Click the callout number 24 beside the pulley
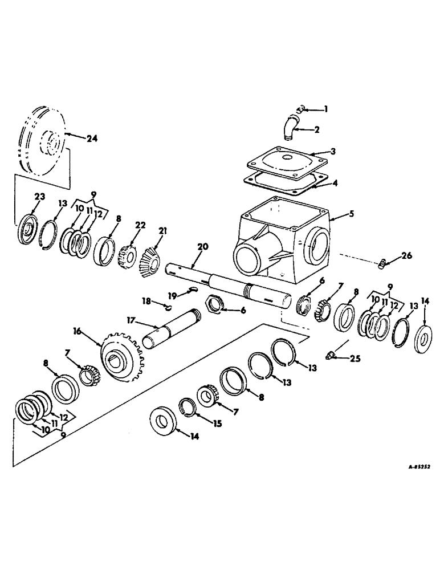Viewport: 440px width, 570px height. coord(92,137)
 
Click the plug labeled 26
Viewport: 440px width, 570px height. coord(384,263)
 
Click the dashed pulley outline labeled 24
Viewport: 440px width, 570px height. coord(43,140)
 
